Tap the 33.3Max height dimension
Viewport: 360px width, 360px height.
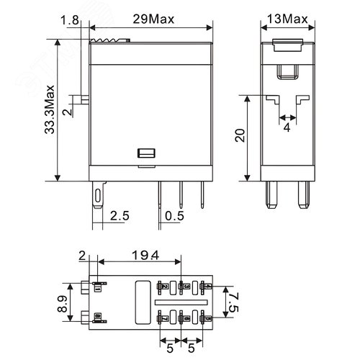pos(48,107)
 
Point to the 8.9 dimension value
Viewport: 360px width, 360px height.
pos(62,302)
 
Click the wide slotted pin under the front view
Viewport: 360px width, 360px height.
pos(97,196)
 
